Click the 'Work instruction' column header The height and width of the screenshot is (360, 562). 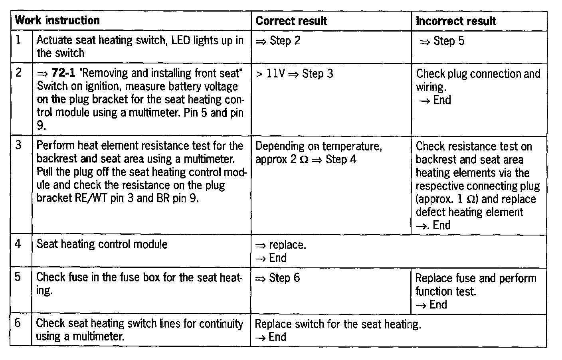tap(57, 20)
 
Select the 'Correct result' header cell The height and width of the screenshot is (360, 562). tap(291, 21)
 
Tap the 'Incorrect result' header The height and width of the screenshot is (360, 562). tap(456, 21)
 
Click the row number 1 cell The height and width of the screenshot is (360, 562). tap(18, 40)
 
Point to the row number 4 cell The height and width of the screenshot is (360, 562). tap(18, 244)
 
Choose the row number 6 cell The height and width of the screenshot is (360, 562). tap(18, 323)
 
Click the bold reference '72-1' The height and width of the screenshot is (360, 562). tap(63, 73)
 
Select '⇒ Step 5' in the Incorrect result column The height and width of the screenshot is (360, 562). tap(442, 41)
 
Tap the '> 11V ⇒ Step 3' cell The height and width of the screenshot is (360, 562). tap(295, 73)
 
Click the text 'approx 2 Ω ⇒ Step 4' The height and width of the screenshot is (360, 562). tap(306, 159)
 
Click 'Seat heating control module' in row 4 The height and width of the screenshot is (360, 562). tap(102, 244)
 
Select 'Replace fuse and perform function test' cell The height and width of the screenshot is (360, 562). tap(475, 285)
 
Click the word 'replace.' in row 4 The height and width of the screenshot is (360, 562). tap(287, 245)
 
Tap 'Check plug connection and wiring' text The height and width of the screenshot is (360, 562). tap(478, 80)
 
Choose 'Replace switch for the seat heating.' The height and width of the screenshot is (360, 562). tap(338, 324)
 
